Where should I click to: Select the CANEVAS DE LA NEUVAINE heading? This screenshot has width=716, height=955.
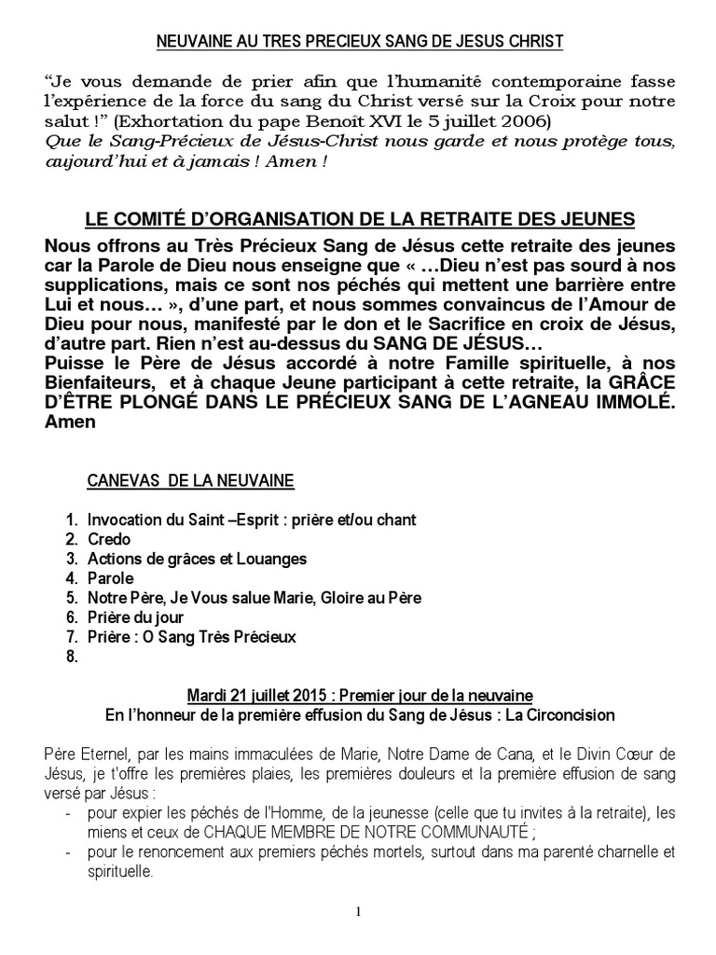190,480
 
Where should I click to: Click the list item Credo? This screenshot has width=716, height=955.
109,539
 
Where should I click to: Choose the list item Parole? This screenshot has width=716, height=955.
111,578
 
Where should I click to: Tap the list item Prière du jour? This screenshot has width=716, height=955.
135,617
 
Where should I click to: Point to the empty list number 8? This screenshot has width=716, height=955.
71,657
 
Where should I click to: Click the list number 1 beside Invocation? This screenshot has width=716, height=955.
71,519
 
